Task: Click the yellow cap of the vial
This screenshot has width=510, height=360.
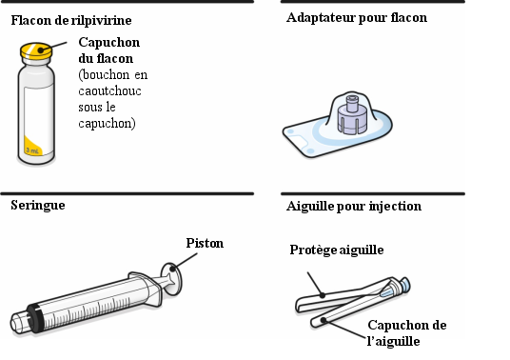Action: point(36,51)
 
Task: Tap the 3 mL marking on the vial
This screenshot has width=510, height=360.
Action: point(32,150)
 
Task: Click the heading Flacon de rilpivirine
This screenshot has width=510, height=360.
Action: point(71,21)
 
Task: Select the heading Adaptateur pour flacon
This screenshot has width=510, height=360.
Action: point(357,18)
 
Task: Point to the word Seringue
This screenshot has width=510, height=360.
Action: point(38,205)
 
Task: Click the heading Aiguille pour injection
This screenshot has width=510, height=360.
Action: point(354,207)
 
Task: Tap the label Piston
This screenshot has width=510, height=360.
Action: point(205,243)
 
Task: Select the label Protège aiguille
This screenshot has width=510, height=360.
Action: point(337,250)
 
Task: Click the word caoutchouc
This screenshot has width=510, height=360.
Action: point(110,90)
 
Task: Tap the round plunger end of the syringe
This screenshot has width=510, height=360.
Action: point(172,279)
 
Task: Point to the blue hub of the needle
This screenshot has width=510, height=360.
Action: point(405,285)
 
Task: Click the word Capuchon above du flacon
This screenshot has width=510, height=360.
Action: point(109,43)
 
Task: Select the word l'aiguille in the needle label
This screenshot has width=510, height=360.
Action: point(393,341)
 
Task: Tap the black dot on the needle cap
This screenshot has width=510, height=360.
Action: point(323,320)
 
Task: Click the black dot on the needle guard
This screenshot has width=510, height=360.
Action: point(323,295)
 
